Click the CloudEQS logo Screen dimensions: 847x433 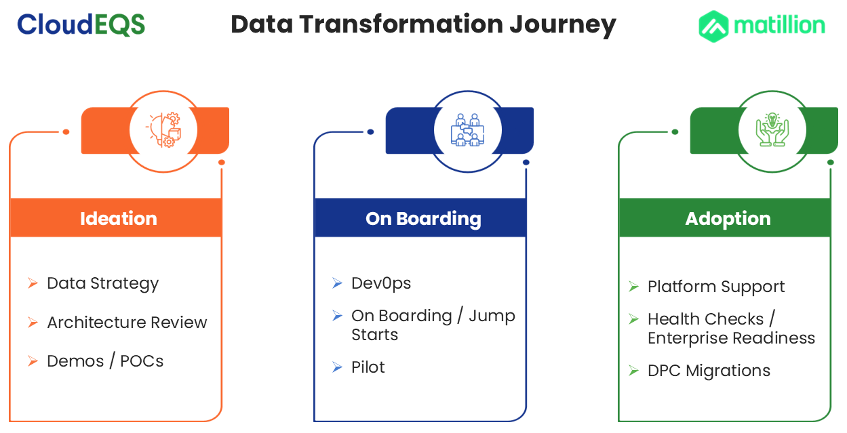pyautogui.click(x=81, y=24)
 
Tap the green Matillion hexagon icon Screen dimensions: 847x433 pyautogui.click(x=713, y=26)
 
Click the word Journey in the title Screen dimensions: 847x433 pyautogui.click(x=563, y=25)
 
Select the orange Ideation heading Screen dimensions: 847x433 pyautogui.click(x=119, y=218)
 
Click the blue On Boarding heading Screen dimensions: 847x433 pyautogui.click(x=423, y=219)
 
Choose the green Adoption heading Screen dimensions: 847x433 pyautogui.click(x=728, y=219)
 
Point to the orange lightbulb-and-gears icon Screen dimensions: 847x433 pyautogui.click(x=163, y=130)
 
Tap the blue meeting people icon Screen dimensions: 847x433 pyautogui.click(x=468, y=129)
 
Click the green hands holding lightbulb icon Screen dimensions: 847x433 pyautogui.click(x=772, y=129)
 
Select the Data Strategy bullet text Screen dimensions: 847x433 pyautogui.click(x=103, y=284)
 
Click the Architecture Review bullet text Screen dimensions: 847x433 pyautogui.click(x=127, y=323)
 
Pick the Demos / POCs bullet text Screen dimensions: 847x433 pyautogui.click(x=105, y=361)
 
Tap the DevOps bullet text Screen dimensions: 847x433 pyautogui.click(x=381, y=284)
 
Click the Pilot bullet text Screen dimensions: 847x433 pyautogui.click(x=368, y=367)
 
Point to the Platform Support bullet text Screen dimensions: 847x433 pyautogui.click(x=716, y=287)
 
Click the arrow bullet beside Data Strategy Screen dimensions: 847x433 pyautogui.click(x=33, y=283)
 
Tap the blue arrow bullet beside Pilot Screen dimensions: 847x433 pyautogui.click(x=337, y=367)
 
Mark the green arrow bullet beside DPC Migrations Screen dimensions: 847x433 pyautogui.click(x=634, y=370)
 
